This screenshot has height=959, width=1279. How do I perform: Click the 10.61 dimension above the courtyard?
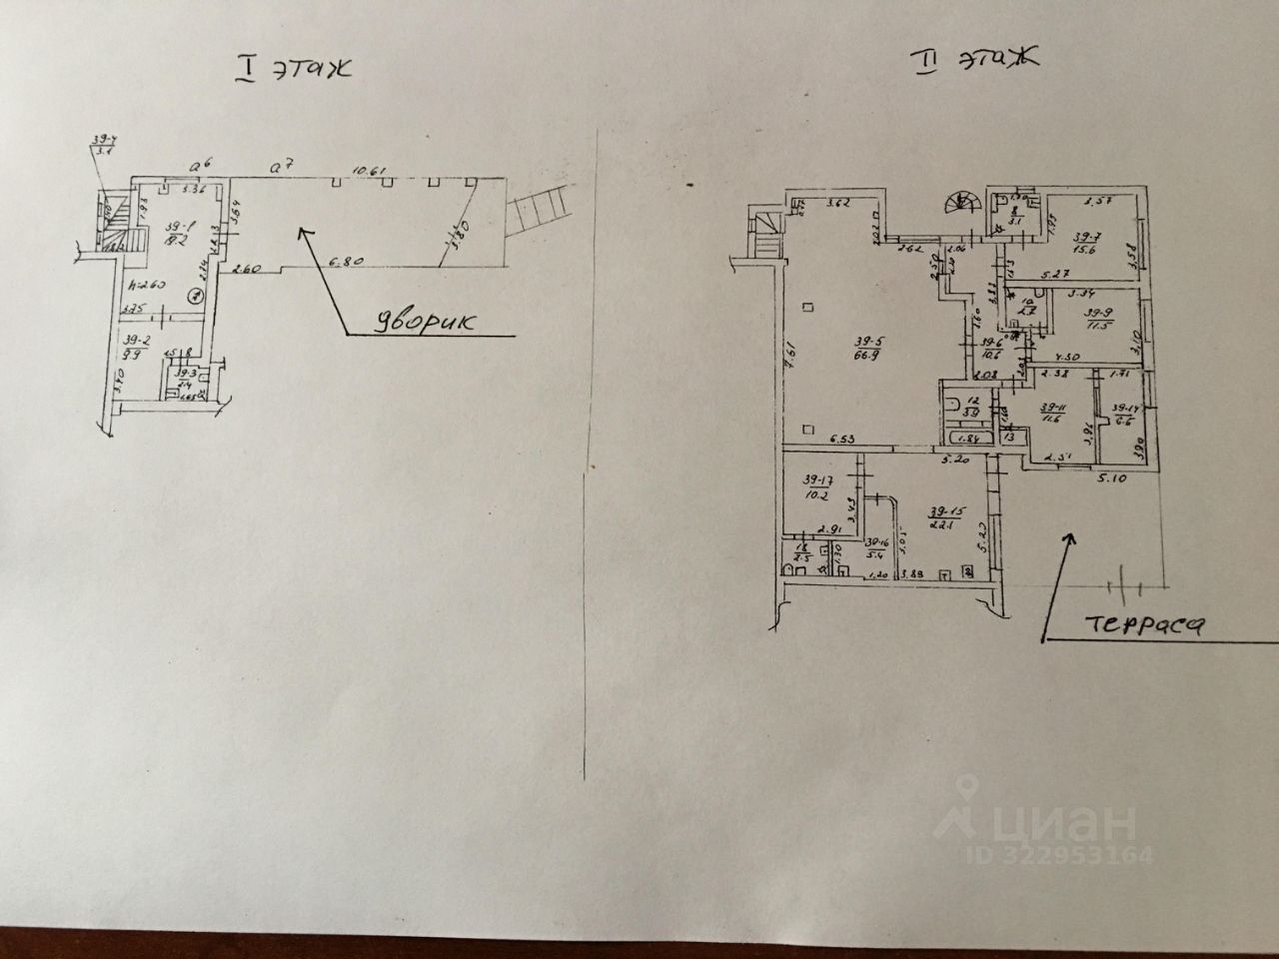370,171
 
